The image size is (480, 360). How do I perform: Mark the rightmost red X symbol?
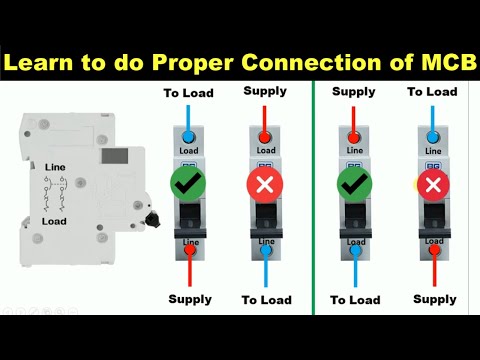(432, 185)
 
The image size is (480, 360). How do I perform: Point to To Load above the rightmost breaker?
(432, 92)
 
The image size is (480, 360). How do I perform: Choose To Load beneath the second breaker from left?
(267, 299)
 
